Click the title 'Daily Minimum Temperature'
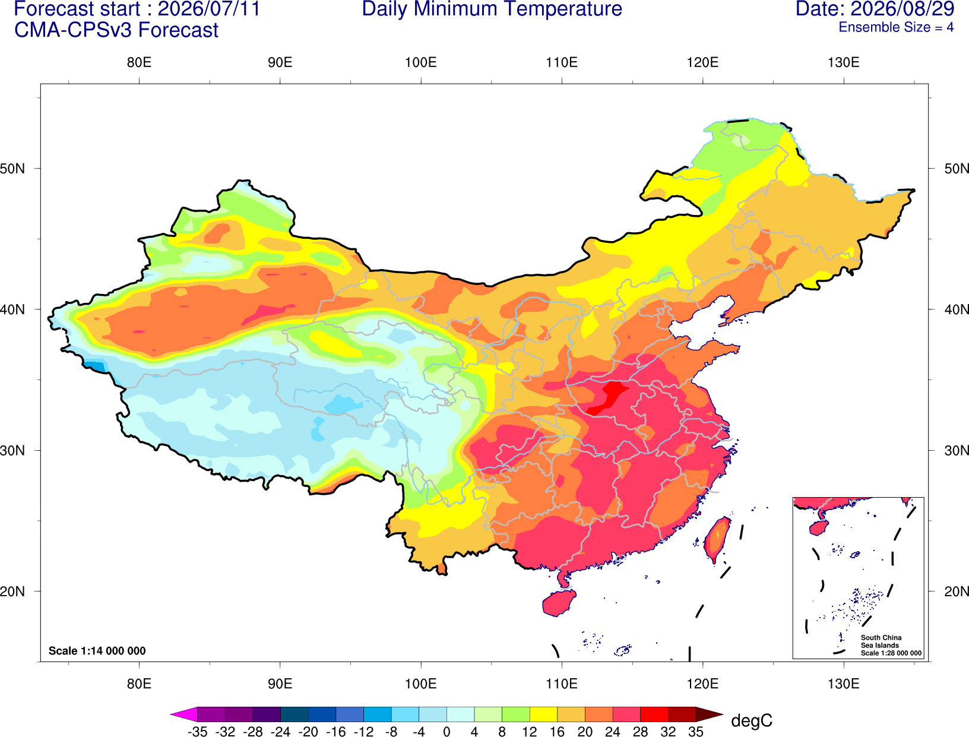[x=492, y=9]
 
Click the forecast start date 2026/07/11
[x=209, y=9]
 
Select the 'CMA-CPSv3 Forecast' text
[x=116, y=30]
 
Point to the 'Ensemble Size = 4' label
[x=896, y=27]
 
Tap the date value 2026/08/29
[x=902, y=9]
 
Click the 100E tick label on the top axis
[x=421, y=62]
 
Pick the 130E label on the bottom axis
[x=844, y=684]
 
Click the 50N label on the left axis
[x=12, y=169]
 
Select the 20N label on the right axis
[x=956, y=592]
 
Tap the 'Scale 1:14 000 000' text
[x=97, y=650]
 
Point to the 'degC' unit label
[x=752, y=720]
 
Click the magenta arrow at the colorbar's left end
[x=184, y=714]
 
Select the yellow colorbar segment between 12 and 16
[x=543, y=714]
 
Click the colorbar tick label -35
[x=197, y=732]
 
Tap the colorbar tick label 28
[x=640, y=732]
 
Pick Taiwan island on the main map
[x=717, y=540]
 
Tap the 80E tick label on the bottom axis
[x=139, y=684]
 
